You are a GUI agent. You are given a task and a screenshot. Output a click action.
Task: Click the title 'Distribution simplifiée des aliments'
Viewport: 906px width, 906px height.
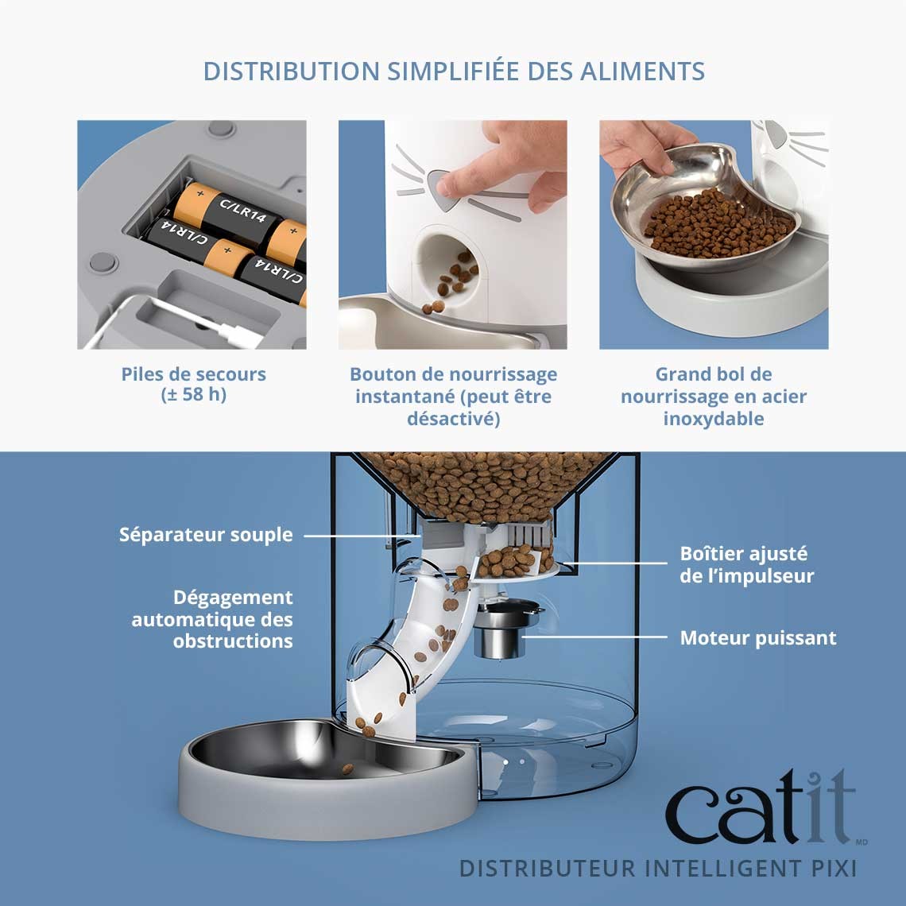pos(454,72)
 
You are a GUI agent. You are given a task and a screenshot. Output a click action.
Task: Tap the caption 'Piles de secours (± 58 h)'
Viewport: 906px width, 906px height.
pos(193,384)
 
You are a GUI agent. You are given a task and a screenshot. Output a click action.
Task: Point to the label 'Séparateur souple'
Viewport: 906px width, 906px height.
pos(206,535)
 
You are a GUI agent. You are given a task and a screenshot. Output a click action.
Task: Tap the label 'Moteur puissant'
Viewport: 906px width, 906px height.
pos(757,637)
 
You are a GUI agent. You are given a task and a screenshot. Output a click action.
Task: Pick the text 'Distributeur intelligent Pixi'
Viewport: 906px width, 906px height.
pos(657,867)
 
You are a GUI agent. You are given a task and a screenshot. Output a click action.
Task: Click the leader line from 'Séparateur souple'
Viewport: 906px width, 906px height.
pos(358,536)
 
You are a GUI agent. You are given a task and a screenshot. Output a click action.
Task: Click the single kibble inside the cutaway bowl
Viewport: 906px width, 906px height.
pos(347,769)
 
